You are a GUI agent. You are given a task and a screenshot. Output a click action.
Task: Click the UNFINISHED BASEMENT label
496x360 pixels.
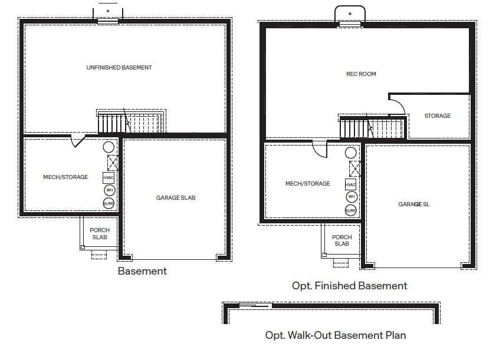[x=119, y=68]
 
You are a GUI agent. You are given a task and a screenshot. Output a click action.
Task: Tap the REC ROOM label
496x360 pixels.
[x=361, y=74]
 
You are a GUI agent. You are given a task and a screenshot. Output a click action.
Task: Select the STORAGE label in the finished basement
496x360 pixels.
[x=438, y=116]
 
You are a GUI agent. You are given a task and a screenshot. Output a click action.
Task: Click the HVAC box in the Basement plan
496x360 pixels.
[x=109, y=177]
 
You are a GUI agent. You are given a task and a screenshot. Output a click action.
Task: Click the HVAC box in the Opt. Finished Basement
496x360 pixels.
[x=351, y=184]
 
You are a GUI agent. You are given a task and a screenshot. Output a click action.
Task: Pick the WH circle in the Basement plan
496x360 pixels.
[x=109, y=190]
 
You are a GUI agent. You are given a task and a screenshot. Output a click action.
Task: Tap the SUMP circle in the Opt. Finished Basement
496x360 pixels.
[x=351, y=210]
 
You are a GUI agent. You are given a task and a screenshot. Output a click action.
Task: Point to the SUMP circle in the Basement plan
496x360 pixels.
[x=109, y=203]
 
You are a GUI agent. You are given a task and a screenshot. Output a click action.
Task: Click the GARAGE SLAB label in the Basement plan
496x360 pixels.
[x=176, y=198]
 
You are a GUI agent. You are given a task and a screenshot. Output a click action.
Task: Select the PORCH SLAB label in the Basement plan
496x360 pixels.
[x=100, y=234]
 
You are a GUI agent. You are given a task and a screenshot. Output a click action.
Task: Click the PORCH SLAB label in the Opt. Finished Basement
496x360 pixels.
[x=342, y=240]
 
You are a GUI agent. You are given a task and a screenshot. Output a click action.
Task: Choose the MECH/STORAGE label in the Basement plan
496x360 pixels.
[x=65, y=177]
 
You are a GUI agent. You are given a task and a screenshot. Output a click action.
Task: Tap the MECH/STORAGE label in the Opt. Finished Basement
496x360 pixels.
[x=308, y=184]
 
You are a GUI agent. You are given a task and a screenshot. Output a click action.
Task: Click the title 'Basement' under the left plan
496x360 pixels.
[x=142, y=272]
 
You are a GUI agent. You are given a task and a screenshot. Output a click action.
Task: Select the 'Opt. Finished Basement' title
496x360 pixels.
[x=350, y=286]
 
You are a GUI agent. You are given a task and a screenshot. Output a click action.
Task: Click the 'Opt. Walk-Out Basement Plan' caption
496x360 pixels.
[x=336, y=336]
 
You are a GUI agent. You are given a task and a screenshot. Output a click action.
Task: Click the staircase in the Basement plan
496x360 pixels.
[x=130, y=123]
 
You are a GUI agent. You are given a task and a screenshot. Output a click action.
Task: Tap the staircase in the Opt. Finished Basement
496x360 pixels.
[x=372, y=128]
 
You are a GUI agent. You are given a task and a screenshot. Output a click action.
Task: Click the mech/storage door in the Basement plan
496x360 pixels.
[x=78, y=141]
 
